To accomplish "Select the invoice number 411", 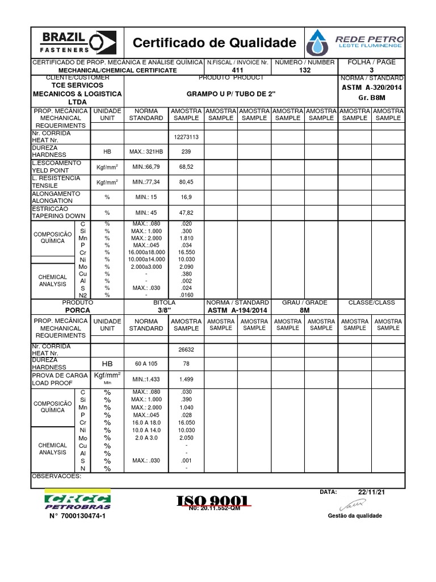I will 238,70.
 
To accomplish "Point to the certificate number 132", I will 305,70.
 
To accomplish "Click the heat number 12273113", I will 186,137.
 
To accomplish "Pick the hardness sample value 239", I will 186,152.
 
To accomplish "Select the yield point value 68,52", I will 186,167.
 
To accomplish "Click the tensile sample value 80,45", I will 186,182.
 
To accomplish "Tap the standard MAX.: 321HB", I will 146,152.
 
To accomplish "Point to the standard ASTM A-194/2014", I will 237,310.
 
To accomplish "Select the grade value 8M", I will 304,310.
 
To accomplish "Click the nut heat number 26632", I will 186,350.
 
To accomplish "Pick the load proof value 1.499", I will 186,379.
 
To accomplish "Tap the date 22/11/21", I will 372,492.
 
